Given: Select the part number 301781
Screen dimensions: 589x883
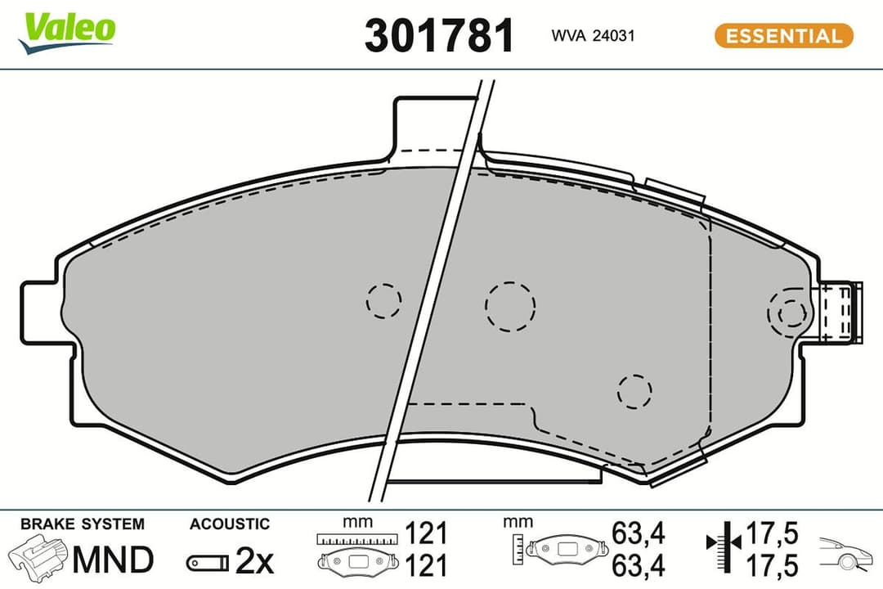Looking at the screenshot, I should (439, 36).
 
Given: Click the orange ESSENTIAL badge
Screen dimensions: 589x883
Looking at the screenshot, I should (783, 36).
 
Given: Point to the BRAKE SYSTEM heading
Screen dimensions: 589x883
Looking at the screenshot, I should (82, 524).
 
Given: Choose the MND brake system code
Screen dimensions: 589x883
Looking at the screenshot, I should (113, 560).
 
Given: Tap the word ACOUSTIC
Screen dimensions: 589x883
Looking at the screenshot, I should (229, 524).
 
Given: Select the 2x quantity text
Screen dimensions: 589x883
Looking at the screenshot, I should (253, 561).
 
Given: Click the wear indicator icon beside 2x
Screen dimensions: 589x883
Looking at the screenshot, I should (208, 562).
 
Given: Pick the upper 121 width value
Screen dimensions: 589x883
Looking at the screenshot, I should (426, 534).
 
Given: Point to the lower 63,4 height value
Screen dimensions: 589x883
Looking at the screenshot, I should (639, 564).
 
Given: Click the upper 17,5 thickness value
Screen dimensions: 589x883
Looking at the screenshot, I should (771, 534).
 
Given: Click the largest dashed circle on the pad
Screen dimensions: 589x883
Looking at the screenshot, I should (510, 306).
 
